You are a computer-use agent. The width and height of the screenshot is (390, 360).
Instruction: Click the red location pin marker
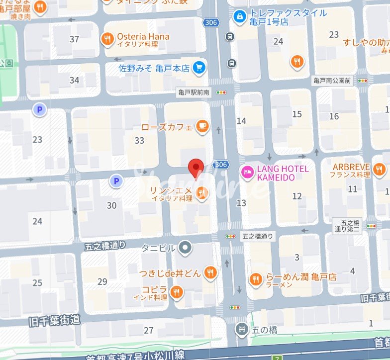tap(197, 168)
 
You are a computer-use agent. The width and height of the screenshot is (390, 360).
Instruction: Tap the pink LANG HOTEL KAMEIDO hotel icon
tap(247, 173)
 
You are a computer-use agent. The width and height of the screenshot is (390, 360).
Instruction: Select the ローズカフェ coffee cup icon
tap(201, 127)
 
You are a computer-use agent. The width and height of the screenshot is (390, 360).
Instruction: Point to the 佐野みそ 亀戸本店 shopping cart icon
tap(200, 68)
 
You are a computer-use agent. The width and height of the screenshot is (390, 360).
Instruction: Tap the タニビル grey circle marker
tap(185, 247)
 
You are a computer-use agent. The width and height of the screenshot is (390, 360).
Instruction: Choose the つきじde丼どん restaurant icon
tap(210, 272)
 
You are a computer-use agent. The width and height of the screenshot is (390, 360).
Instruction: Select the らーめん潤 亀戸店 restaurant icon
tap(256, 279)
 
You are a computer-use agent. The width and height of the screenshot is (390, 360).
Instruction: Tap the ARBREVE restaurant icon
tap(380, 170)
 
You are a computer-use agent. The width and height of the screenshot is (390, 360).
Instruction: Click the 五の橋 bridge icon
tap(242, 329)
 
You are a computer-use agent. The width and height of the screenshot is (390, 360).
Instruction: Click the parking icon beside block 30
tap(116, 181)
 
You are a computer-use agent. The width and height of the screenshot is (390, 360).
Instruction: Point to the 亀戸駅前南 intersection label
tap(194, 92)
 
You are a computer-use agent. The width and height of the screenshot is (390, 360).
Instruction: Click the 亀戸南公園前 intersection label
tap(332, 80)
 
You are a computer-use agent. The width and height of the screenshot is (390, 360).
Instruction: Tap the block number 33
tap(139, 140)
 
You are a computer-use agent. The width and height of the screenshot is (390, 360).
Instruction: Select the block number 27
tap(149, 330)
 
